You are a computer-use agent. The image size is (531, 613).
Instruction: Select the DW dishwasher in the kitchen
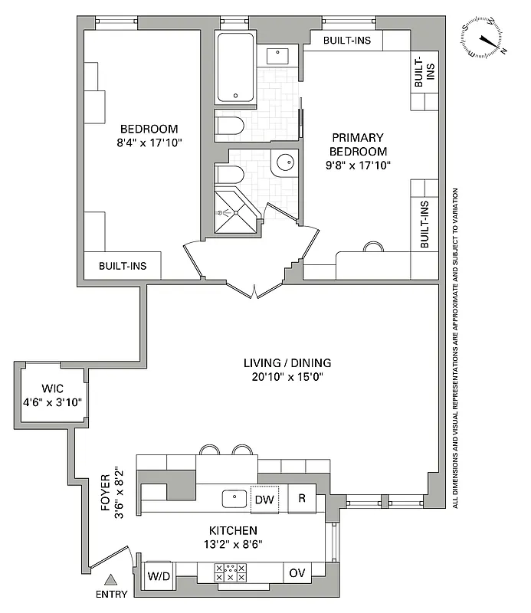point(264,499)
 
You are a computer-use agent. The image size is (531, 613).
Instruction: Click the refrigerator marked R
point(302,499)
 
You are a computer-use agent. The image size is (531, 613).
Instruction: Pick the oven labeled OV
point(297,573)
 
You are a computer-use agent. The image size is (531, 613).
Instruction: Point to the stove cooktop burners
point(231,573)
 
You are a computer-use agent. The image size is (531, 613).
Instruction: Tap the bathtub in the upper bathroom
point(236,69)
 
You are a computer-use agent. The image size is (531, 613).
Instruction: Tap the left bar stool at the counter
point(208,450)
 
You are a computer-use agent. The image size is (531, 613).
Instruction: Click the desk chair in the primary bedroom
point(373,247)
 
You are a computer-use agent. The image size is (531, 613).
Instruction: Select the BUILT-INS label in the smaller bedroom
point(122,267)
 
